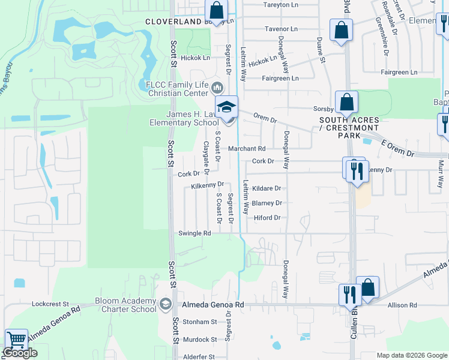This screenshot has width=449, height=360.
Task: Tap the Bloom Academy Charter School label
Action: (x=124, y=305)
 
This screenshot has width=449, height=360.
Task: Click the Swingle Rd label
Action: (x=195, y=233)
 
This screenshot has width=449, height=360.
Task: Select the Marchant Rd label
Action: (x=246, y=148)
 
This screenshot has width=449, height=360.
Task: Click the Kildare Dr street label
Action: (x=267, y=188)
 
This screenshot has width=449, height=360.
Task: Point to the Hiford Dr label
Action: (x=267, y=218)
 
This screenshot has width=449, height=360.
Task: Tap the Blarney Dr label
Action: (x=267, y=203)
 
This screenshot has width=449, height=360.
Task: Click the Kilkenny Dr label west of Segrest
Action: (x=207, y=185)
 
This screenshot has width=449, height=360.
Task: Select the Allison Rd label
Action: (x=402, y=305)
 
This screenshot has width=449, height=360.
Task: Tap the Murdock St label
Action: (x=200, y=340)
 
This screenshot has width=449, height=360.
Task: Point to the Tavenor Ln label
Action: (x=281, y=29)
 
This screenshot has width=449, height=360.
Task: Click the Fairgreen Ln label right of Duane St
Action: (x=397, y=72)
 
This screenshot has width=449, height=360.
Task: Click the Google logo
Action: (x=20, y=353)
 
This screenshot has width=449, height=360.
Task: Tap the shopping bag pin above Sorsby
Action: (x=346, y=103)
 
